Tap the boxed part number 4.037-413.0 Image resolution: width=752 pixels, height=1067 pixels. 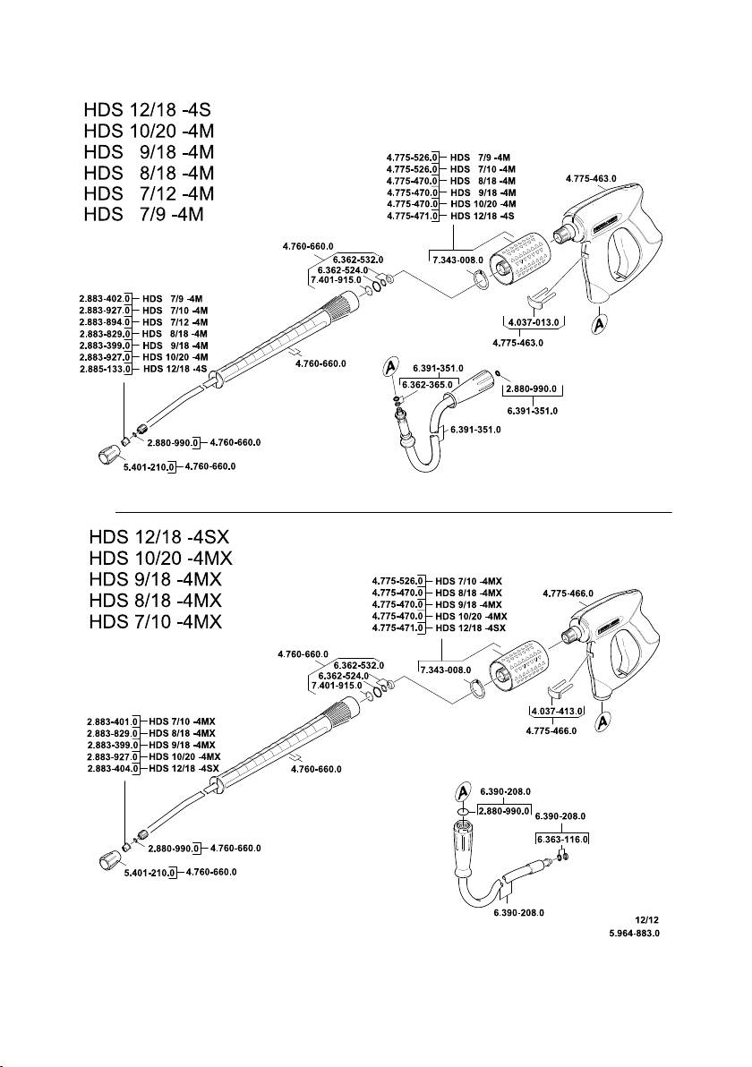[557, 711]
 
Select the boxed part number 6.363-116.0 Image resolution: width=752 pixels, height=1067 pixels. [561, 838]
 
